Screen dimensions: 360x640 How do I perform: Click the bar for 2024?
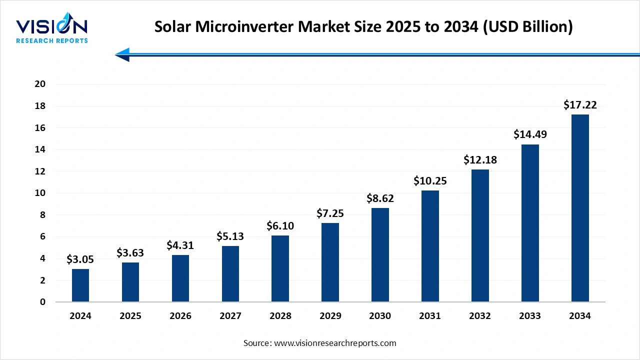point(80,285)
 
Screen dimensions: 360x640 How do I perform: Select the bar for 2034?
point(580,208)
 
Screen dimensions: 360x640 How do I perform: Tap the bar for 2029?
point(330,262)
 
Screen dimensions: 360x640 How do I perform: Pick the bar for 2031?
point(430,246)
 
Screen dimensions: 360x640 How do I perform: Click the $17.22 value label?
point(580,105)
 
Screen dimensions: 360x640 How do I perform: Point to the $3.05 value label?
point(80,259)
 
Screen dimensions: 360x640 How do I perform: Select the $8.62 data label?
point(380,198)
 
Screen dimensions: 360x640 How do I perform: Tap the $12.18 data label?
point(480,160)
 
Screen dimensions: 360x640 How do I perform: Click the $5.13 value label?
point(230,236)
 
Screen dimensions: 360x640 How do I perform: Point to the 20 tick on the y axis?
point(40,84)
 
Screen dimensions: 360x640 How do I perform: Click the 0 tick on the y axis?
point(43,302)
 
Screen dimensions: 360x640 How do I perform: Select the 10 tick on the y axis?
point(40,193)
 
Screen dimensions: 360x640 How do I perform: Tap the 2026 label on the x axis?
point(180,316)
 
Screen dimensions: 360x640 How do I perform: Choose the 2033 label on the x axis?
point(530,316)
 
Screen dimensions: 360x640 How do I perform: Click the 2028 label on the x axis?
point(280,316)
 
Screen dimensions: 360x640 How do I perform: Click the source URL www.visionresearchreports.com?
point(334,343)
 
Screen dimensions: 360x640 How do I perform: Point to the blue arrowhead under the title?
point(123,54)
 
